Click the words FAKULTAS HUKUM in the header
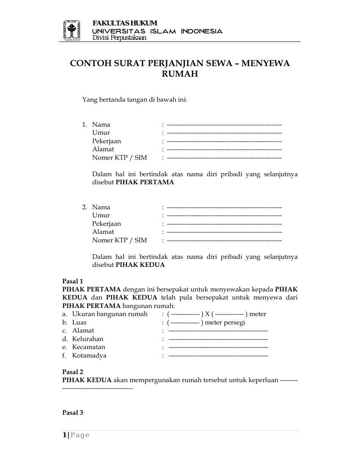coord(125,23)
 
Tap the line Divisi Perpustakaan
coord(119,38)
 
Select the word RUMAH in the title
coord(180,74)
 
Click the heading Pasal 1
coord(72,281)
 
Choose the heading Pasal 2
coord(72,372)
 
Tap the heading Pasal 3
coord(72,413)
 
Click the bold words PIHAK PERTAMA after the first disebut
coord(145,182)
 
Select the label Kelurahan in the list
coord(88,339)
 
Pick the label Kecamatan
coord(89,347)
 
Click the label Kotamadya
coord(89,355)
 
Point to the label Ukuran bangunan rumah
coord(110,314)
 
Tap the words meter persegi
coord(225,322)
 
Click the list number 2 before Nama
coord(84,207)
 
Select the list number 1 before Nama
coord(84,125)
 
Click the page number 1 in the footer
coord(64,435)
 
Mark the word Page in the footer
coord(80,435)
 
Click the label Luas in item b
coord(79,322)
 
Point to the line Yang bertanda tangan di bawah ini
coord(135,100)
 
